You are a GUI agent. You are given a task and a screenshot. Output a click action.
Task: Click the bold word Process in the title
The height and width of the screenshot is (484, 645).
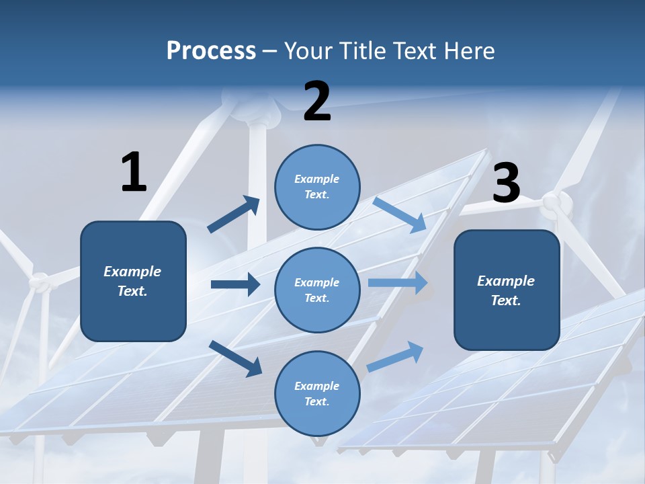[x=211, y=50]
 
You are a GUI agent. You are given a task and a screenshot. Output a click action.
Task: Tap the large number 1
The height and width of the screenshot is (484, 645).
[x=134, y=172]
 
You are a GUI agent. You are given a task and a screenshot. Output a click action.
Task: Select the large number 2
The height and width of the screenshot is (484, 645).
[x=317, y=102]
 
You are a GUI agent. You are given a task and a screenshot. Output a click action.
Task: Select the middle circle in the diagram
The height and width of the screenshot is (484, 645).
[x=317, y=290]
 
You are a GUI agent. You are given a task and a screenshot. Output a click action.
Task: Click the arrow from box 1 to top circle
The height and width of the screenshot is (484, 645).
[x=233, y=214]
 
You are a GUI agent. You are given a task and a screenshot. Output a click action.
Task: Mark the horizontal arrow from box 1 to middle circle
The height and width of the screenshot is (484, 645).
[x=235, y=284]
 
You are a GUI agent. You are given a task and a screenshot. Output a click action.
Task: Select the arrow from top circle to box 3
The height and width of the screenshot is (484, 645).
[x=400, y=214]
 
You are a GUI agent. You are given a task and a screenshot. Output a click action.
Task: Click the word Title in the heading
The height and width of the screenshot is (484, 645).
[x=365, y=50]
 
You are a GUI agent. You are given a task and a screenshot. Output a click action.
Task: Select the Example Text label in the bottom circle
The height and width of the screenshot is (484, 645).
[x=317, y=393]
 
